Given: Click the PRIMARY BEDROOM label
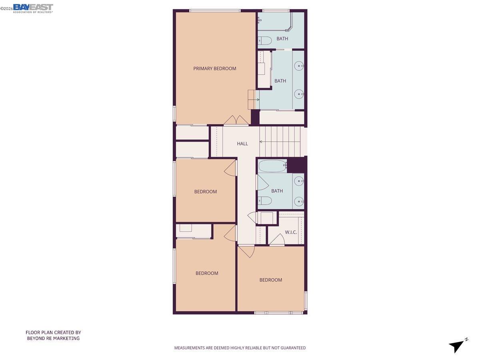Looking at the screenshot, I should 214,68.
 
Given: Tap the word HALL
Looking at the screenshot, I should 242,144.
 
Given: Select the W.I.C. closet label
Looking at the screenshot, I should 291,232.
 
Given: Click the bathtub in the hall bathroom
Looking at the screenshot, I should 272,166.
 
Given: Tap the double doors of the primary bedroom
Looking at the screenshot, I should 236,120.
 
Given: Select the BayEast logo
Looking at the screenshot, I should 33,8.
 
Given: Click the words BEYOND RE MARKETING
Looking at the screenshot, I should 53,338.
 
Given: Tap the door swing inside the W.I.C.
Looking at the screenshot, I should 277,240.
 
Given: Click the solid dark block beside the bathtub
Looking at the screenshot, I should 296,165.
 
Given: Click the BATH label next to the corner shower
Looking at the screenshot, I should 282,39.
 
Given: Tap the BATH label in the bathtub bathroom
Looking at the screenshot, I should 277,191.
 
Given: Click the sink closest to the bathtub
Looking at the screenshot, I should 299,182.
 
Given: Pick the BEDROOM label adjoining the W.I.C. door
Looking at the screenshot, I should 270,280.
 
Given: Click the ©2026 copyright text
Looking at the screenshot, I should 6,8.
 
